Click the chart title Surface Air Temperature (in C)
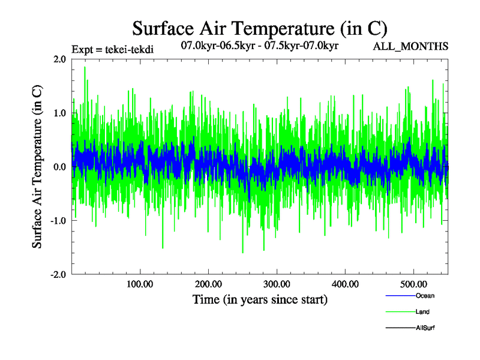(x=259, y=28)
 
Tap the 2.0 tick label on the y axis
(x=59, y=59)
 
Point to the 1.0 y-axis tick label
(x=59, y=113)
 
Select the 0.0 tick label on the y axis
(x=59, y=166)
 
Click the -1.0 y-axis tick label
(x=58, y=220)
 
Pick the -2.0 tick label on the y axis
(x=58, y=274)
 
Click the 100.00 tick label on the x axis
(x=139, y=284)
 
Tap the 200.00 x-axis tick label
(x=208, y=284)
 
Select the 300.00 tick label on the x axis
(x=277, y=284)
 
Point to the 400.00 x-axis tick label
(x=345, y=284)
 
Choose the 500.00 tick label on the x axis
(x=413, y=284)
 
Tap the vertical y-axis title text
(x=37, y=166)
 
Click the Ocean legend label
(x=425, y=296)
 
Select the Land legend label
(x=422, y=312)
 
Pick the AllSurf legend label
(x=425, y=328)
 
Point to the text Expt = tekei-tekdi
(x=113, y=49)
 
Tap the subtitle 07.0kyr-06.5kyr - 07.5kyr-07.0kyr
(x=260, y=44)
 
